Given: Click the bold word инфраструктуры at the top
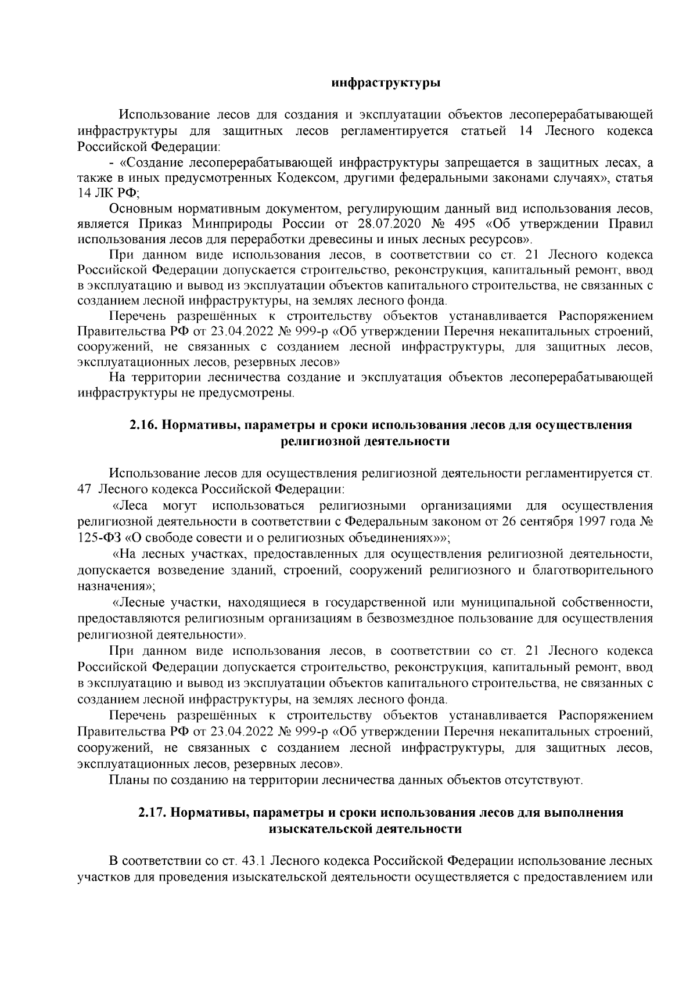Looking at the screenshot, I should pos(385,83).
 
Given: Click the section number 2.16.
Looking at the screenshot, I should pos(142,424).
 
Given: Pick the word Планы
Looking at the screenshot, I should pos(128,779).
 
